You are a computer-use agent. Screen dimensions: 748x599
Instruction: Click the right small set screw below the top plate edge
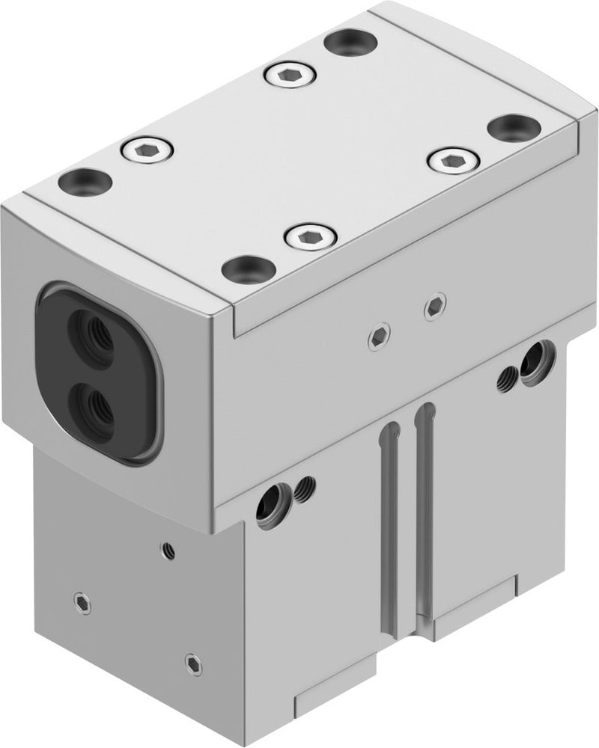point(434,306)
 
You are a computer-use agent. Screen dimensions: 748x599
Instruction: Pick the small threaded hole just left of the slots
point(304,491)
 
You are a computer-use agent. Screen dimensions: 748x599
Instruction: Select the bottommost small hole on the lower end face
point(192,661)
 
